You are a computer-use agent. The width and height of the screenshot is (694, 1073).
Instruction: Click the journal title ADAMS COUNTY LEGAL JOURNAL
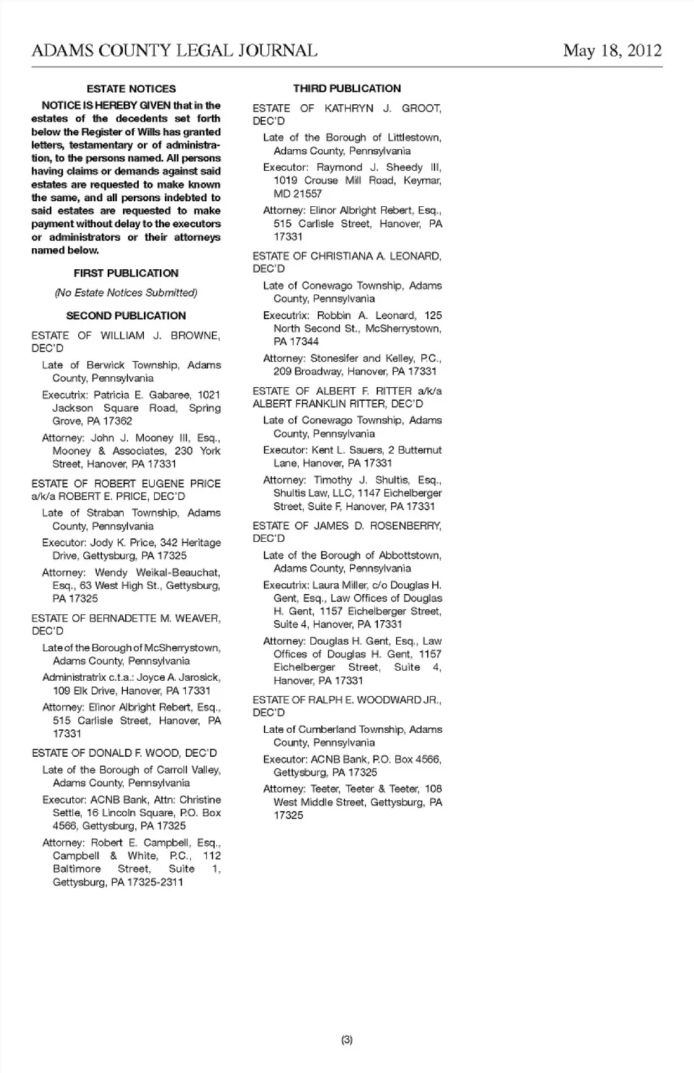coord(174,50)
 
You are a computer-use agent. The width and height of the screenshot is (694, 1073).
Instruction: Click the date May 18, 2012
coord(612,50)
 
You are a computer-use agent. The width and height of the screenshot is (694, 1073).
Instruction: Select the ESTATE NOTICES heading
coord(131,89)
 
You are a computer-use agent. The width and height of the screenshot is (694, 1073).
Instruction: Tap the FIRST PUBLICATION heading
coord(126,273)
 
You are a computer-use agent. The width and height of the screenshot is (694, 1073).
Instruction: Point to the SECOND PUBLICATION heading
coord(126,316)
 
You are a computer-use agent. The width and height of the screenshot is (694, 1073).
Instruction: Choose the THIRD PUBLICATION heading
coord(347,89)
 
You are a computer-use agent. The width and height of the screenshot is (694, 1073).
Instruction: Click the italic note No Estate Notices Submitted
coord(126,293)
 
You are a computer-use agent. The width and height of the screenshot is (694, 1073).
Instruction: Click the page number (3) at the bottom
coord(347,1040)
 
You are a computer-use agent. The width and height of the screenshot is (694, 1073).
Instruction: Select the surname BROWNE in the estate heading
coord(195,336)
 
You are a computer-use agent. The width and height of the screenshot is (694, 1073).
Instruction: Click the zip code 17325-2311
coord(155,883)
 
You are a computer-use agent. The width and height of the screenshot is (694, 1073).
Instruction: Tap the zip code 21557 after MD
coord(308,194)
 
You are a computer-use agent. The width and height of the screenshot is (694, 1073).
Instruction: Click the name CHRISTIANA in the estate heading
coord(340,256)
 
